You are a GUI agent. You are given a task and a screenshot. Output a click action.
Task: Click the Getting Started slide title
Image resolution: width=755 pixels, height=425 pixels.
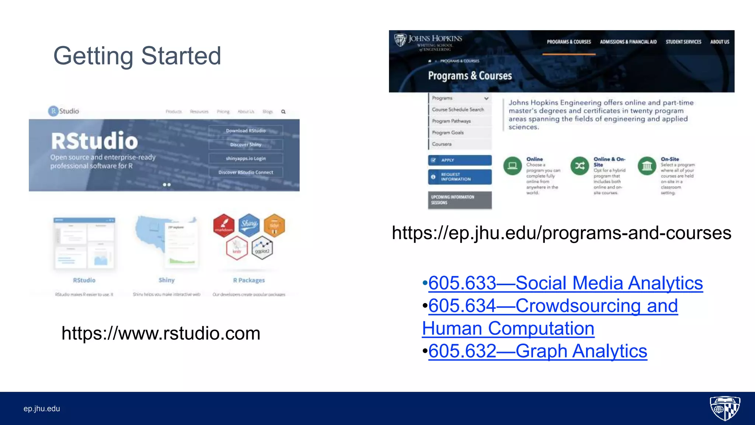coord(137,56)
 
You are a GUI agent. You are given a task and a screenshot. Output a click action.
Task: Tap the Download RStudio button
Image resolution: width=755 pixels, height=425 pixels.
coord(246,131)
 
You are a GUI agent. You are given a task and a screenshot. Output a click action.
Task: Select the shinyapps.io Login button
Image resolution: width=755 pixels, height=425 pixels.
coord(246,158)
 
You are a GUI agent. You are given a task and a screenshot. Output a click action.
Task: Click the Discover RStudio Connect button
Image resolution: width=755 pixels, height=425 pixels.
coord(246,172)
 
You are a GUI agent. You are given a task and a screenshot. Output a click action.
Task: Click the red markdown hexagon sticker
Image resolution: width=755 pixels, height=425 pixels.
coord(224,225)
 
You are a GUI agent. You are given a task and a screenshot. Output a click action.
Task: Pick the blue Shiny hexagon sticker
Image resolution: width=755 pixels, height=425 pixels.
coord(249,224)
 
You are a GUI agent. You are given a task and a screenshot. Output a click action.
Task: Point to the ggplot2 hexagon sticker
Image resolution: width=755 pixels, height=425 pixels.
coord(262,248)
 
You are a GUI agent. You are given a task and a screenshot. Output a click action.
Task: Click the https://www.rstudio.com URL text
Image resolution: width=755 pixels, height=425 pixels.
coord(161,333)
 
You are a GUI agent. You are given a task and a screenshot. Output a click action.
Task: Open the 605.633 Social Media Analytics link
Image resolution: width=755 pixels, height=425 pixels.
coord(565,283)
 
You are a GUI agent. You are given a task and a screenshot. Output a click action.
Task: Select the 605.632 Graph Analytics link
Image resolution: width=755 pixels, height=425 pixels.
coord(537,351)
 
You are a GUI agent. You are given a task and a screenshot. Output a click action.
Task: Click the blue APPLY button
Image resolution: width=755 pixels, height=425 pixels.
coord(460,160)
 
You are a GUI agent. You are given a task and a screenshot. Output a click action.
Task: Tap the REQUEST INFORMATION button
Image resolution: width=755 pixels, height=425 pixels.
coord(460,177)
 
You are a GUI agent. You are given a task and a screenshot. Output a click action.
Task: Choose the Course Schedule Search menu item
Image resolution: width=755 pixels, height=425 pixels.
coord(458,110)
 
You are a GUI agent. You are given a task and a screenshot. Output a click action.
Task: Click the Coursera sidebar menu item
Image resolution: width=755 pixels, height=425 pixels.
coord(442,144)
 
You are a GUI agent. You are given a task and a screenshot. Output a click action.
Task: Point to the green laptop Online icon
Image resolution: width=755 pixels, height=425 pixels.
coord(512,166)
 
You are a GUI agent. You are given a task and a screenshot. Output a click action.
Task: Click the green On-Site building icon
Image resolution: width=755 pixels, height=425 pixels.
coord(647,166)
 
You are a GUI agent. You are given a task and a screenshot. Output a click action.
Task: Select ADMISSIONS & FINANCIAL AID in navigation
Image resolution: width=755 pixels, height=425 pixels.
coord(628,42)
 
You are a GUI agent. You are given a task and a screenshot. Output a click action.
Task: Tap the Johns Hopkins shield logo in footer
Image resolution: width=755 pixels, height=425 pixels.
coord(725,408)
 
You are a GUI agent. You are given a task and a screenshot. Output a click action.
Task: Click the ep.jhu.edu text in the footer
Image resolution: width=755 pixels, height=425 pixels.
coord(42,409)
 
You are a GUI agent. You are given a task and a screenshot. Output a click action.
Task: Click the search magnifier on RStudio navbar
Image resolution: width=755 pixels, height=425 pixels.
coord(283,112)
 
